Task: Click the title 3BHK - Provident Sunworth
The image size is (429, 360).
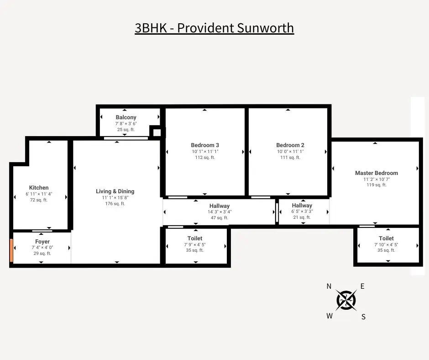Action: point(214,28)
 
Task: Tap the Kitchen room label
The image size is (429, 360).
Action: point(39,188)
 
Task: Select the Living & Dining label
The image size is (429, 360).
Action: point(115,191)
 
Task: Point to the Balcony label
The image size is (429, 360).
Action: point(126,117)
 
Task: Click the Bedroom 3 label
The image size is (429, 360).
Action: point(205,145)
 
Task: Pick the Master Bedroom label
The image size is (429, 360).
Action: point(377,173)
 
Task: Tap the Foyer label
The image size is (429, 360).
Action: point(42,242)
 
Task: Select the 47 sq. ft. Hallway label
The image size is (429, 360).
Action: point(220,217)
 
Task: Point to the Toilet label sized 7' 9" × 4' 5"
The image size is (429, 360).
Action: point(195,238)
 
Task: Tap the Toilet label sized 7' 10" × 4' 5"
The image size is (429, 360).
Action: point(386,238)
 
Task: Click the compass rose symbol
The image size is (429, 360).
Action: point(346,300)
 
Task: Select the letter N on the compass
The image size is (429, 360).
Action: point(329,286)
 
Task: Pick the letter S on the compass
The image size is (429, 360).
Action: point(363,317)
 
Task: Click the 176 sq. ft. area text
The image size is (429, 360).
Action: point(115,204)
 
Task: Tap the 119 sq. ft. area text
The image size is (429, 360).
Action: point(377,185)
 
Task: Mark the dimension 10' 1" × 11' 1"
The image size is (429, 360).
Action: point(205,151)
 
